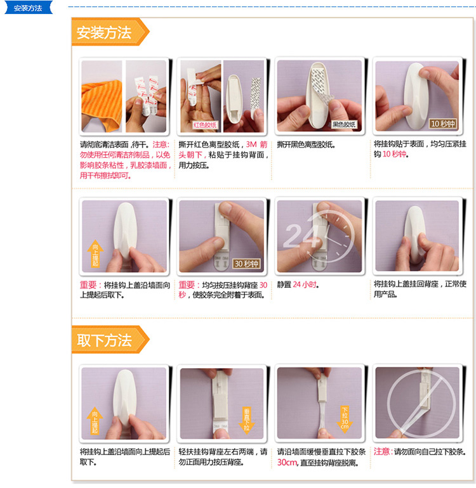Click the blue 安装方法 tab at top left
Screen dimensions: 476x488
point(28,8)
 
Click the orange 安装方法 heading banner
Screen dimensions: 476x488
point(110,32)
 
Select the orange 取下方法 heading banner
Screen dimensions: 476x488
point(110,340)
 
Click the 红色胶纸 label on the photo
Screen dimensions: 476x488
point(205,125)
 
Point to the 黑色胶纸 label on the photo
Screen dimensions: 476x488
point(344,125)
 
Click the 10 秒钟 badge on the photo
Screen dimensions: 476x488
point(443,124)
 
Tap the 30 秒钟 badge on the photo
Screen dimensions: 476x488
point(246,264)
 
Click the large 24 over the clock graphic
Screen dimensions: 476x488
point(301,236)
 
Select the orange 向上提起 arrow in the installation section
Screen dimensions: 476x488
point(95,254)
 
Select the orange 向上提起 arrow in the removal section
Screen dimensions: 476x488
point(95,420)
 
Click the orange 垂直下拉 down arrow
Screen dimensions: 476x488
point(247,420)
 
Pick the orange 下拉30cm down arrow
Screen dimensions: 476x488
point(345,419)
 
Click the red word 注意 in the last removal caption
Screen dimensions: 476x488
point(382,452)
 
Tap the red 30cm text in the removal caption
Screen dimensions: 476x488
point(287,463)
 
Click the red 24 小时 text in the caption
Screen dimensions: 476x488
point(305,285)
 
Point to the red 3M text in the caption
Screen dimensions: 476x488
point(251,144)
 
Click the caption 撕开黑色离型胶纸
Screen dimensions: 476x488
point(306,144)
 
